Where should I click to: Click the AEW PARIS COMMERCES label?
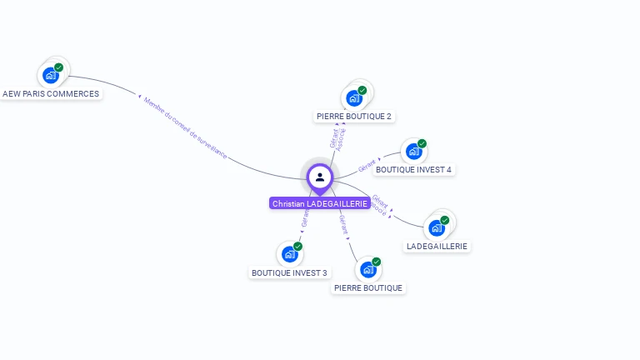coord(51,94)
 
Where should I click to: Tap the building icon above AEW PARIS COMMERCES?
coord(51,75)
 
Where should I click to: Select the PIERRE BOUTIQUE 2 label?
coord(354,117)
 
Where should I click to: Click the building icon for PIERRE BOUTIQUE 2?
coord(354,98)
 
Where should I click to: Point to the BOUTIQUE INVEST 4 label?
coord(413,170)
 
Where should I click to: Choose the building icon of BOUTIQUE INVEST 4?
coord(413,152)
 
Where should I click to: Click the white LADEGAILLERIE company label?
coord(437,247)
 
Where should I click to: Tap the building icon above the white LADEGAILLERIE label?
coord(436,227)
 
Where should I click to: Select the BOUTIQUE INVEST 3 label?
coord(290,272)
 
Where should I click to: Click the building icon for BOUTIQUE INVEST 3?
coord(289,253)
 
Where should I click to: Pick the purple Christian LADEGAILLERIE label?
coord(320,203)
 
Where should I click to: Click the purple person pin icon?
coord(320,177)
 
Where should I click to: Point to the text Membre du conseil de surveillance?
coord(185,127)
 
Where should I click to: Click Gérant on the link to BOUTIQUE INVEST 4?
coord(367,166)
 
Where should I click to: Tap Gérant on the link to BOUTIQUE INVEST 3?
coord(305,218)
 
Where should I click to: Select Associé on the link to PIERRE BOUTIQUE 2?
coord(342,138)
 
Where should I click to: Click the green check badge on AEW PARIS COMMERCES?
coord(59,67)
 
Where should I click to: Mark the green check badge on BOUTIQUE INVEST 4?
coord(422,143)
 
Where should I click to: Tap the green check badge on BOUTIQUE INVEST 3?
coord(297,246)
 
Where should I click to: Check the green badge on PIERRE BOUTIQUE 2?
coord(362,90)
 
